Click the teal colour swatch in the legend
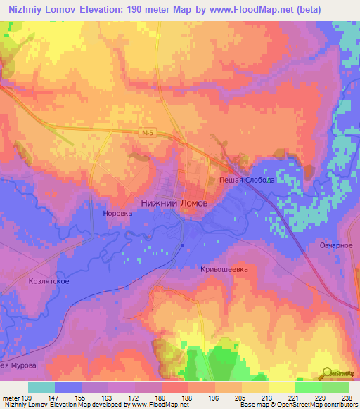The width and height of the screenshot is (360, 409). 41,387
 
